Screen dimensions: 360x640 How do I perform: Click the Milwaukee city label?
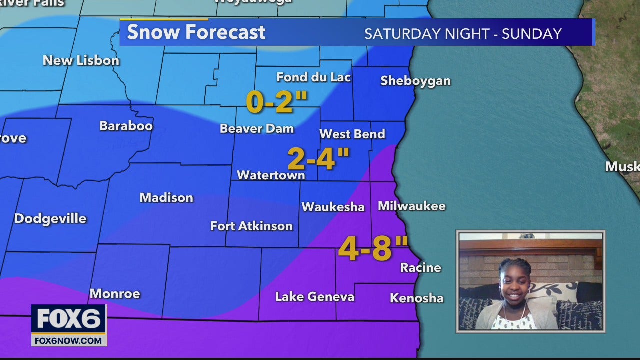(x=411, y=206)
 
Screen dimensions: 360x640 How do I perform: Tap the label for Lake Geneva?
(x=314, y=297)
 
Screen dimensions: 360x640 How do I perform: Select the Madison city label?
(x=166, y=198)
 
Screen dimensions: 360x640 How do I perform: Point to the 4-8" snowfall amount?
(x=373, y=248)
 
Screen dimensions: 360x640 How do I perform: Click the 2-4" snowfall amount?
(x=318, y=159)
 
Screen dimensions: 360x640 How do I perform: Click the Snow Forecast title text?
(x=196, y=32)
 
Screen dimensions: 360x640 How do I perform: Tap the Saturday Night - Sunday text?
(x=463, y=34)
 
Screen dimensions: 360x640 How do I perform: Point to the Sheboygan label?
(x=415, y=81)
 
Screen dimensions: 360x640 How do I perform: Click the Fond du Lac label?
(x=313, y=77)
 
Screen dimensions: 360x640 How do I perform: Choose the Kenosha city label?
(x=416, y=298)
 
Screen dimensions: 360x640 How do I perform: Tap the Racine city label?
(x=420, y=268)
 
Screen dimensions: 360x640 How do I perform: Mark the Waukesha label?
(x=333, y=207)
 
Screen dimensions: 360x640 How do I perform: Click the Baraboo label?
(x=126, y=126)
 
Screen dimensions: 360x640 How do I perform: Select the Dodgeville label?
(x=50, y=218)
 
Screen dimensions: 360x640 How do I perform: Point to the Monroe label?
(x=115, y=294)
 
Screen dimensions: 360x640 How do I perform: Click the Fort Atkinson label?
(x=251, y=226)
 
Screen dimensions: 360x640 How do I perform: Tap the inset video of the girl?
(x=530, y=281)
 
